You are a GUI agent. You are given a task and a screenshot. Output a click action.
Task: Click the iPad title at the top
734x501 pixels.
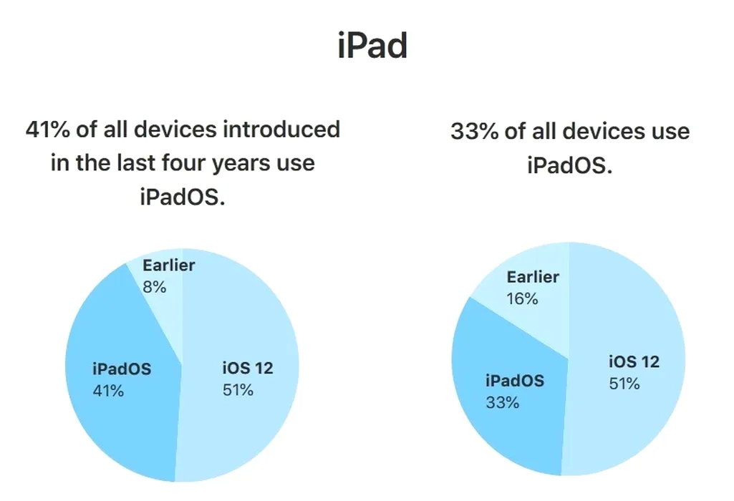372,45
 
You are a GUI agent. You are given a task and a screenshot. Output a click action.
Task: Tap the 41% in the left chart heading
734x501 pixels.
48,130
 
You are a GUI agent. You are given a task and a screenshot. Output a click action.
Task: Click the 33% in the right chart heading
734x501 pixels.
474,132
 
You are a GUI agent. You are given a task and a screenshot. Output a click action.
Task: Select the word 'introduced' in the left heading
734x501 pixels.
281,129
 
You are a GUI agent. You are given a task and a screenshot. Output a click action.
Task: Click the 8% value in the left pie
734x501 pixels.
155,287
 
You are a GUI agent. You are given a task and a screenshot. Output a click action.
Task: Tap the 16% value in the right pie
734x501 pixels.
523,299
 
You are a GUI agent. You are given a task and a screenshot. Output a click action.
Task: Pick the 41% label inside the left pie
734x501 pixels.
108,391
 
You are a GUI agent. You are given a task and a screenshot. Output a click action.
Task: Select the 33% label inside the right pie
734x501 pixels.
502,403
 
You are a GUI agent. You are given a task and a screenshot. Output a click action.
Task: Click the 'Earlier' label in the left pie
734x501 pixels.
168,266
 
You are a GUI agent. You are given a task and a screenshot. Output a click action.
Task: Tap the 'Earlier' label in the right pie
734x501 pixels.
533,277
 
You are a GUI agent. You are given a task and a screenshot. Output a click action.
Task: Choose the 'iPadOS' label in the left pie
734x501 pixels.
122,369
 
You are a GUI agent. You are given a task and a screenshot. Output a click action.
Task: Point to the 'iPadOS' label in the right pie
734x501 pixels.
515,381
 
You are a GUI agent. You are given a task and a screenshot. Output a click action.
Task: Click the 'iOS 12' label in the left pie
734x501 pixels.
248,368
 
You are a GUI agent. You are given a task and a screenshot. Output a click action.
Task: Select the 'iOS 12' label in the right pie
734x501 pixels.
634,361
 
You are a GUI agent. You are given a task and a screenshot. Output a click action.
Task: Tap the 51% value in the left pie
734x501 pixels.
238,390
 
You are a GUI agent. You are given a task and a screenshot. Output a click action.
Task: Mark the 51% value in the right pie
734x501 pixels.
624,384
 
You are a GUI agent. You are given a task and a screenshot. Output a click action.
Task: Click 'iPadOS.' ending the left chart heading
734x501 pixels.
183,197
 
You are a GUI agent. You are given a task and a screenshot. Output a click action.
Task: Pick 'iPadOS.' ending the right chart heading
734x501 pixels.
570,165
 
